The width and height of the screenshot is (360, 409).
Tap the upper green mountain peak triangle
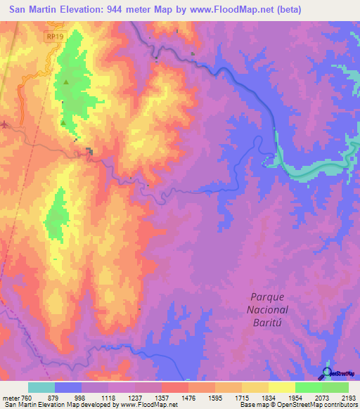(x=66, y=83)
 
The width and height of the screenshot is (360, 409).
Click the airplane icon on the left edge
(x=5, y=125)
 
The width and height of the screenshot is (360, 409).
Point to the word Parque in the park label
(x=269, y=297)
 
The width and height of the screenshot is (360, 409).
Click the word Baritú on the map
(x=270, y=322)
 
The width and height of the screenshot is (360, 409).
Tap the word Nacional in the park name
(x=270, y=309)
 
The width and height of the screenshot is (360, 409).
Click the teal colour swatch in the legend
(x=41, y=387)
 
